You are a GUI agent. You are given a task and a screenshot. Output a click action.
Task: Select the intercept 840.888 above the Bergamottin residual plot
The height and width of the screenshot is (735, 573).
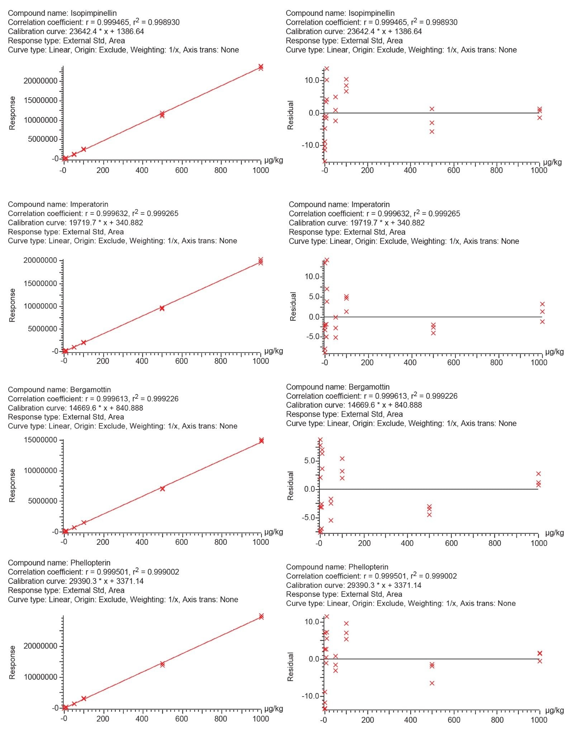click(408, 405)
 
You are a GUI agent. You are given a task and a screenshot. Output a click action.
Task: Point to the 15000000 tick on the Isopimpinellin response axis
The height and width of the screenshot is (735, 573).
click(41, 100)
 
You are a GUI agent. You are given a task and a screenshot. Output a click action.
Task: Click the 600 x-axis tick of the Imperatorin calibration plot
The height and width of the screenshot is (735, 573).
click(181, 361)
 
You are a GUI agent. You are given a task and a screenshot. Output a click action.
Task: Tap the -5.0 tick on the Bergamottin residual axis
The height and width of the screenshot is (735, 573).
click(308, 518)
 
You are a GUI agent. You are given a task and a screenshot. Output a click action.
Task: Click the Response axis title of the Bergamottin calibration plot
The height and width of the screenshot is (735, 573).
click(12, 485)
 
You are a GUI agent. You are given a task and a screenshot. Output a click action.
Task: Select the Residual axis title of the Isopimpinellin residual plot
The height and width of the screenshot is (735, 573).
click(290, 115)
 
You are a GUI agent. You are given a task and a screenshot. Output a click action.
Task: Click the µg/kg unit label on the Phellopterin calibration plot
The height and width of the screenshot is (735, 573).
click(274, 708)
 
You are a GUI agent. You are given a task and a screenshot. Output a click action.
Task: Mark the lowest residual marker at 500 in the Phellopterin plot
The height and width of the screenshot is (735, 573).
click(432, 683)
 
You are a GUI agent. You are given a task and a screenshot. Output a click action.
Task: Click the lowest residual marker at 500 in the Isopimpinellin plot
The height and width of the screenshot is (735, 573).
click(432, 132)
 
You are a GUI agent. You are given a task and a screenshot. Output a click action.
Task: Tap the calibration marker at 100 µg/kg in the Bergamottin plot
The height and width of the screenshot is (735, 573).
click(84, 523)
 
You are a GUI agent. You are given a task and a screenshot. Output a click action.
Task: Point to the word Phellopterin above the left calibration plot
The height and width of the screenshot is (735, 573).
click(90, 563)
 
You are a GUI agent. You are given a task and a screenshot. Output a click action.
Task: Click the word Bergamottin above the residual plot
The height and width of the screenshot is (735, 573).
click(369, 387)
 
